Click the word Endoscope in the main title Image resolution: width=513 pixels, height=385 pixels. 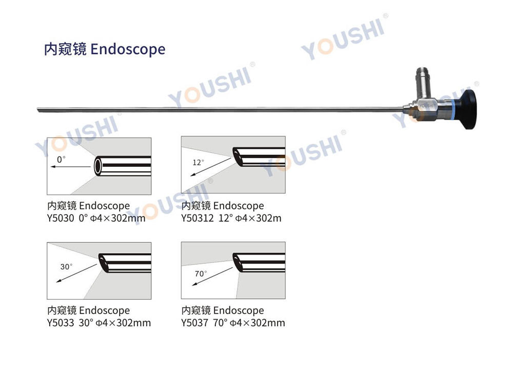(128, 49)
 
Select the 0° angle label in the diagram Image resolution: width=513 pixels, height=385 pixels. (61, 159)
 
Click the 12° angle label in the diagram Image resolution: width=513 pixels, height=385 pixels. (198, 162)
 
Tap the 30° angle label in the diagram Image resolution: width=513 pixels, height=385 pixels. (66, 267)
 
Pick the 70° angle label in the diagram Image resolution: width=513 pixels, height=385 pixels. (201, 274)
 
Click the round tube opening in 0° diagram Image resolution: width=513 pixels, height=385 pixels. (98, 166)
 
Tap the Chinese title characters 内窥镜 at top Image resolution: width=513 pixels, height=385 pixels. (65, 49)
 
